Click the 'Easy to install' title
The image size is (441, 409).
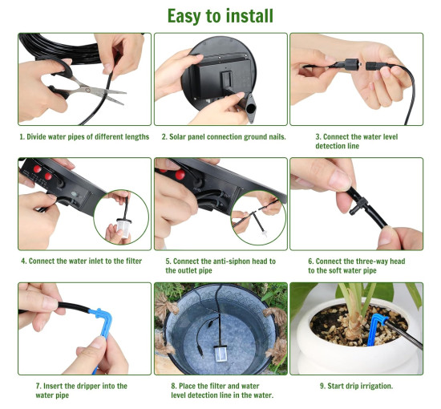(220, 16)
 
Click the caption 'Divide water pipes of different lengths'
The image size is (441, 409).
(87, 137)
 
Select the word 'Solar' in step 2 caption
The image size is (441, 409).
(177, 137)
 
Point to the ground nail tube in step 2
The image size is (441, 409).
(248, 107)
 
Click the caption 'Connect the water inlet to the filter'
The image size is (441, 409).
(85, 261)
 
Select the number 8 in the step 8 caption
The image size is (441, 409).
(173, 386)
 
